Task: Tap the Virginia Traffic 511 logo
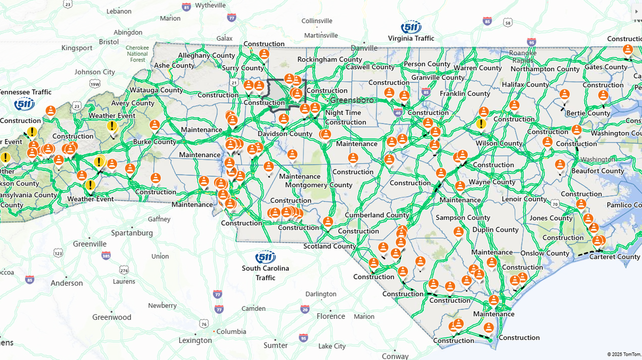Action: [411, 28]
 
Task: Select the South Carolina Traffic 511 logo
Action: [265, 258]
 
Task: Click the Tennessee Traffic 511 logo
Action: [25, 104]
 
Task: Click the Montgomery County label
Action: [318, 185]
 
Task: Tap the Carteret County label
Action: [614, 257]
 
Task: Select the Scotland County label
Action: [330, 246]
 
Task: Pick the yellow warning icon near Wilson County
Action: [481, 124]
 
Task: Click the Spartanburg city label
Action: [132, 233]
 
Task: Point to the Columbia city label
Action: [231, 331]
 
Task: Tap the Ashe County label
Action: [174, 66]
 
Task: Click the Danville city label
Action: [364, 48]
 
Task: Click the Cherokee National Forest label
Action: [137, 53]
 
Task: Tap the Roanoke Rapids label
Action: [523, 56]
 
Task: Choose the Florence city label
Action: [331, 316]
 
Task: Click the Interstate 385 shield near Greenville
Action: [106, 257]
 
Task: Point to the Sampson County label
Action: [463, 218]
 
